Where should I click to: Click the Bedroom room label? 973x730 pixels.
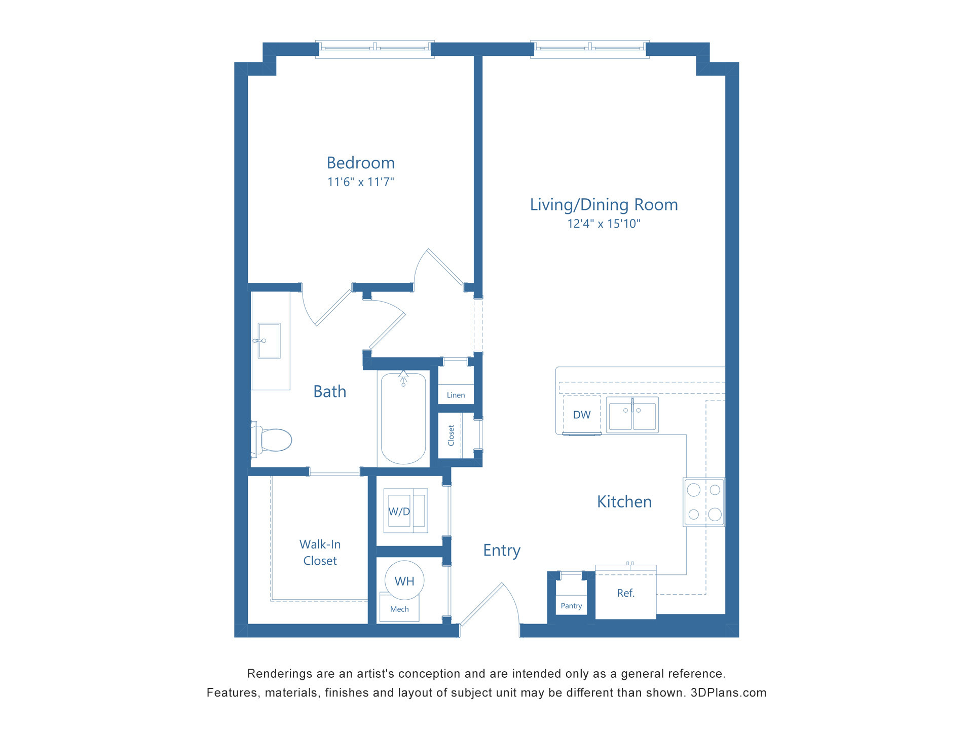coord(360,163)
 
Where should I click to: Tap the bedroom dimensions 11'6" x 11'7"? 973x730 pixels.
coord(360,181)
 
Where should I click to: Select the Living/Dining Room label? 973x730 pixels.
coord(604,205)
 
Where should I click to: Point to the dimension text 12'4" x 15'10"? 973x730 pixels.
coord(604,224)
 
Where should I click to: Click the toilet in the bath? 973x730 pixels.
coord(272,440)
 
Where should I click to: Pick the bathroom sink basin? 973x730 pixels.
coord(269,341)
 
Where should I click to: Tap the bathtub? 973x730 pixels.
coord(403,418)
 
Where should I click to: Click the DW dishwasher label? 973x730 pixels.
coord(582,415)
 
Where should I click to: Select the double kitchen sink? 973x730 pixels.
coord(632,415)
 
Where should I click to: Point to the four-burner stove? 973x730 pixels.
coord(704,502)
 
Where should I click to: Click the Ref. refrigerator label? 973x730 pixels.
coord(626,593)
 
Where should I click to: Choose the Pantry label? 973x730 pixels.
coord(571,606)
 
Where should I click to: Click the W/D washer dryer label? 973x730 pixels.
coord(399,512)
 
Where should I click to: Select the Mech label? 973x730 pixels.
coord(399,609)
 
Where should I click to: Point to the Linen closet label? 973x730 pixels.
coord(456,395)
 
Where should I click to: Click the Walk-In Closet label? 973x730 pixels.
coord(320,553)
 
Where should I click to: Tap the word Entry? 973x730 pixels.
coord(502,551)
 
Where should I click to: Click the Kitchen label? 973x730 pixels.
coord(624,502)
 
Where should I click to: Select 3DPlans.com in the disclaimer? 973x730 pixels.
coord(728,693)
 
